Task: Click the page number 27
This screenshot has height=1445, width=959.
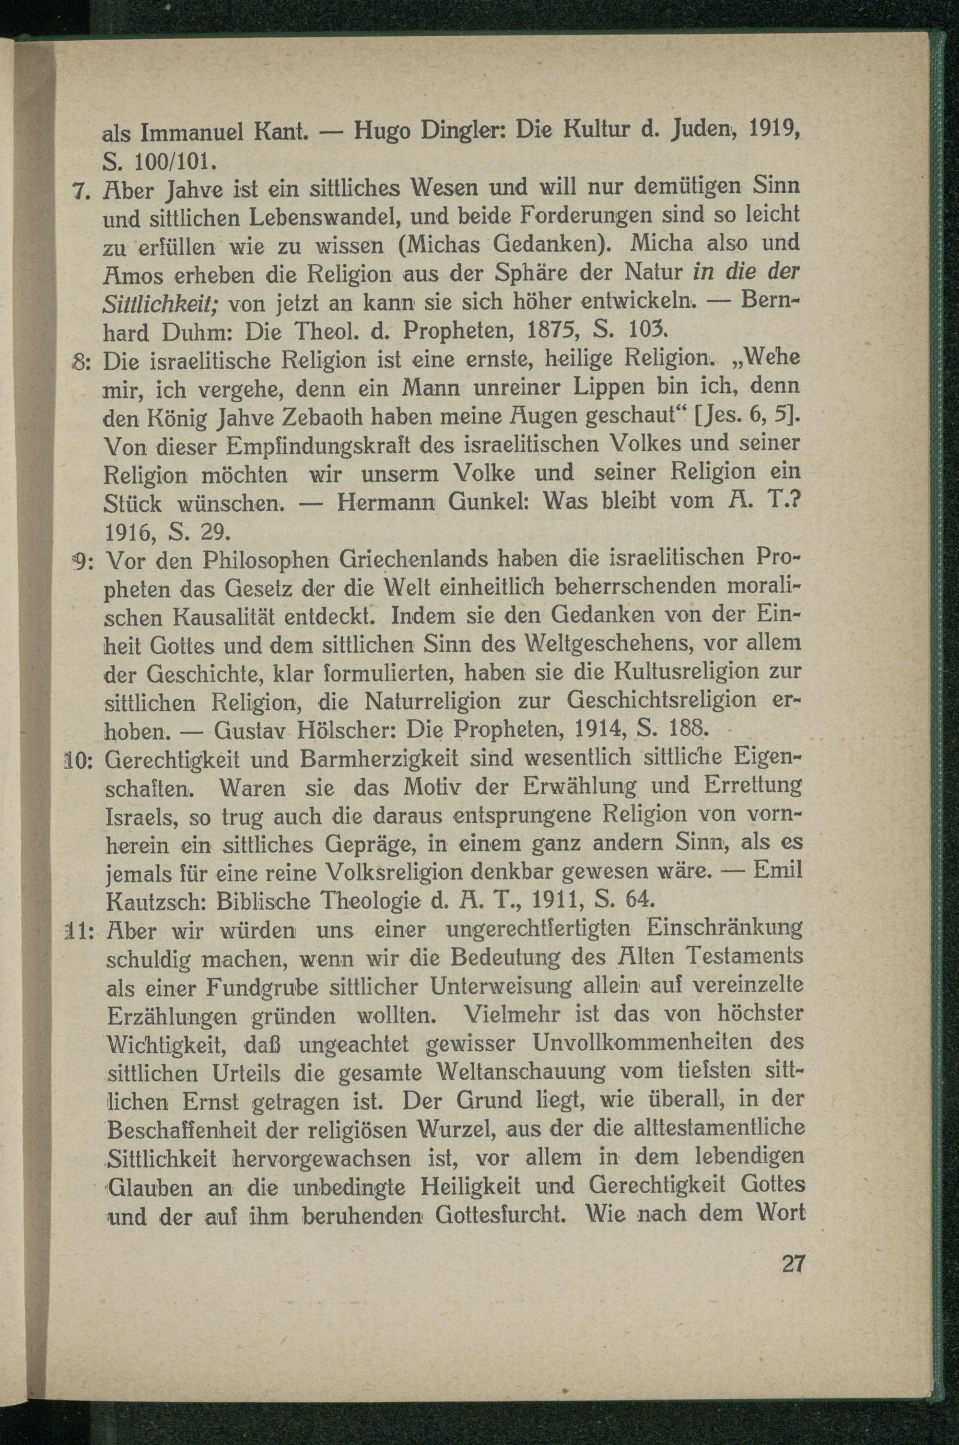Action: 793,1263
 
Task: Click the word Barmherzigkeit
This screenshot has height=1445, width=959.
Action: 379,759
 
